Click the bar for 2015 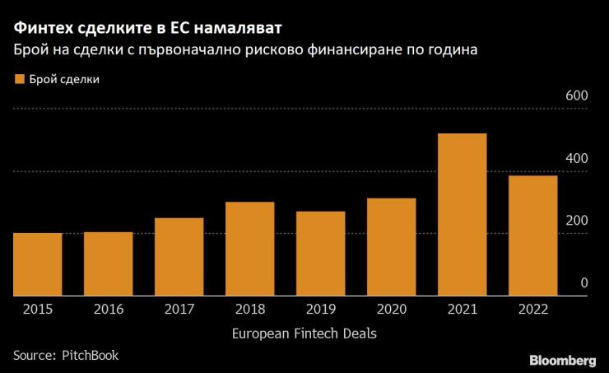click(x=37, y=264)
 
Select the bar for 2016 click(x=108, y=263)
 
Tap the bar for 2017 click(x=179, y=257)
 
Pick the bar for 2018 click(x=249, y=249)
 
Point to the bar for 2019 click(x=320, y=254)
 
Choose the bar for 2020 click(x=391, y=247)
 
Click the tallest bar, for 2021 click(x=462, y=214)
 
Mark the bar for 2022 click(x=532, y=235)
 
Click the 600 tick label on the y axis click(x=575, y=96)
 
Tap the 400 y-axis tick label click(x=575, y=158)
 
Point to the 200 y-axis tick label click(x=575, y=221)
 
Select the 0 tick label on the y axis click(x=583, y=282)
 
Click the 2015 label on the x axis click(x=37, y=310)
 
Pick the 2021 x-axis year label click(x=462, y=310)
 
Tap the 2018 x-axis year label click(x=249, y=310)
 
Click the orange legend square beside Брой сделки click(x=18, y=80)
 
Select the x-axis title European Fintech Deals click(x=304, y=333)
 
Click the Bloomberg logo click(x=563, y=360)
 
